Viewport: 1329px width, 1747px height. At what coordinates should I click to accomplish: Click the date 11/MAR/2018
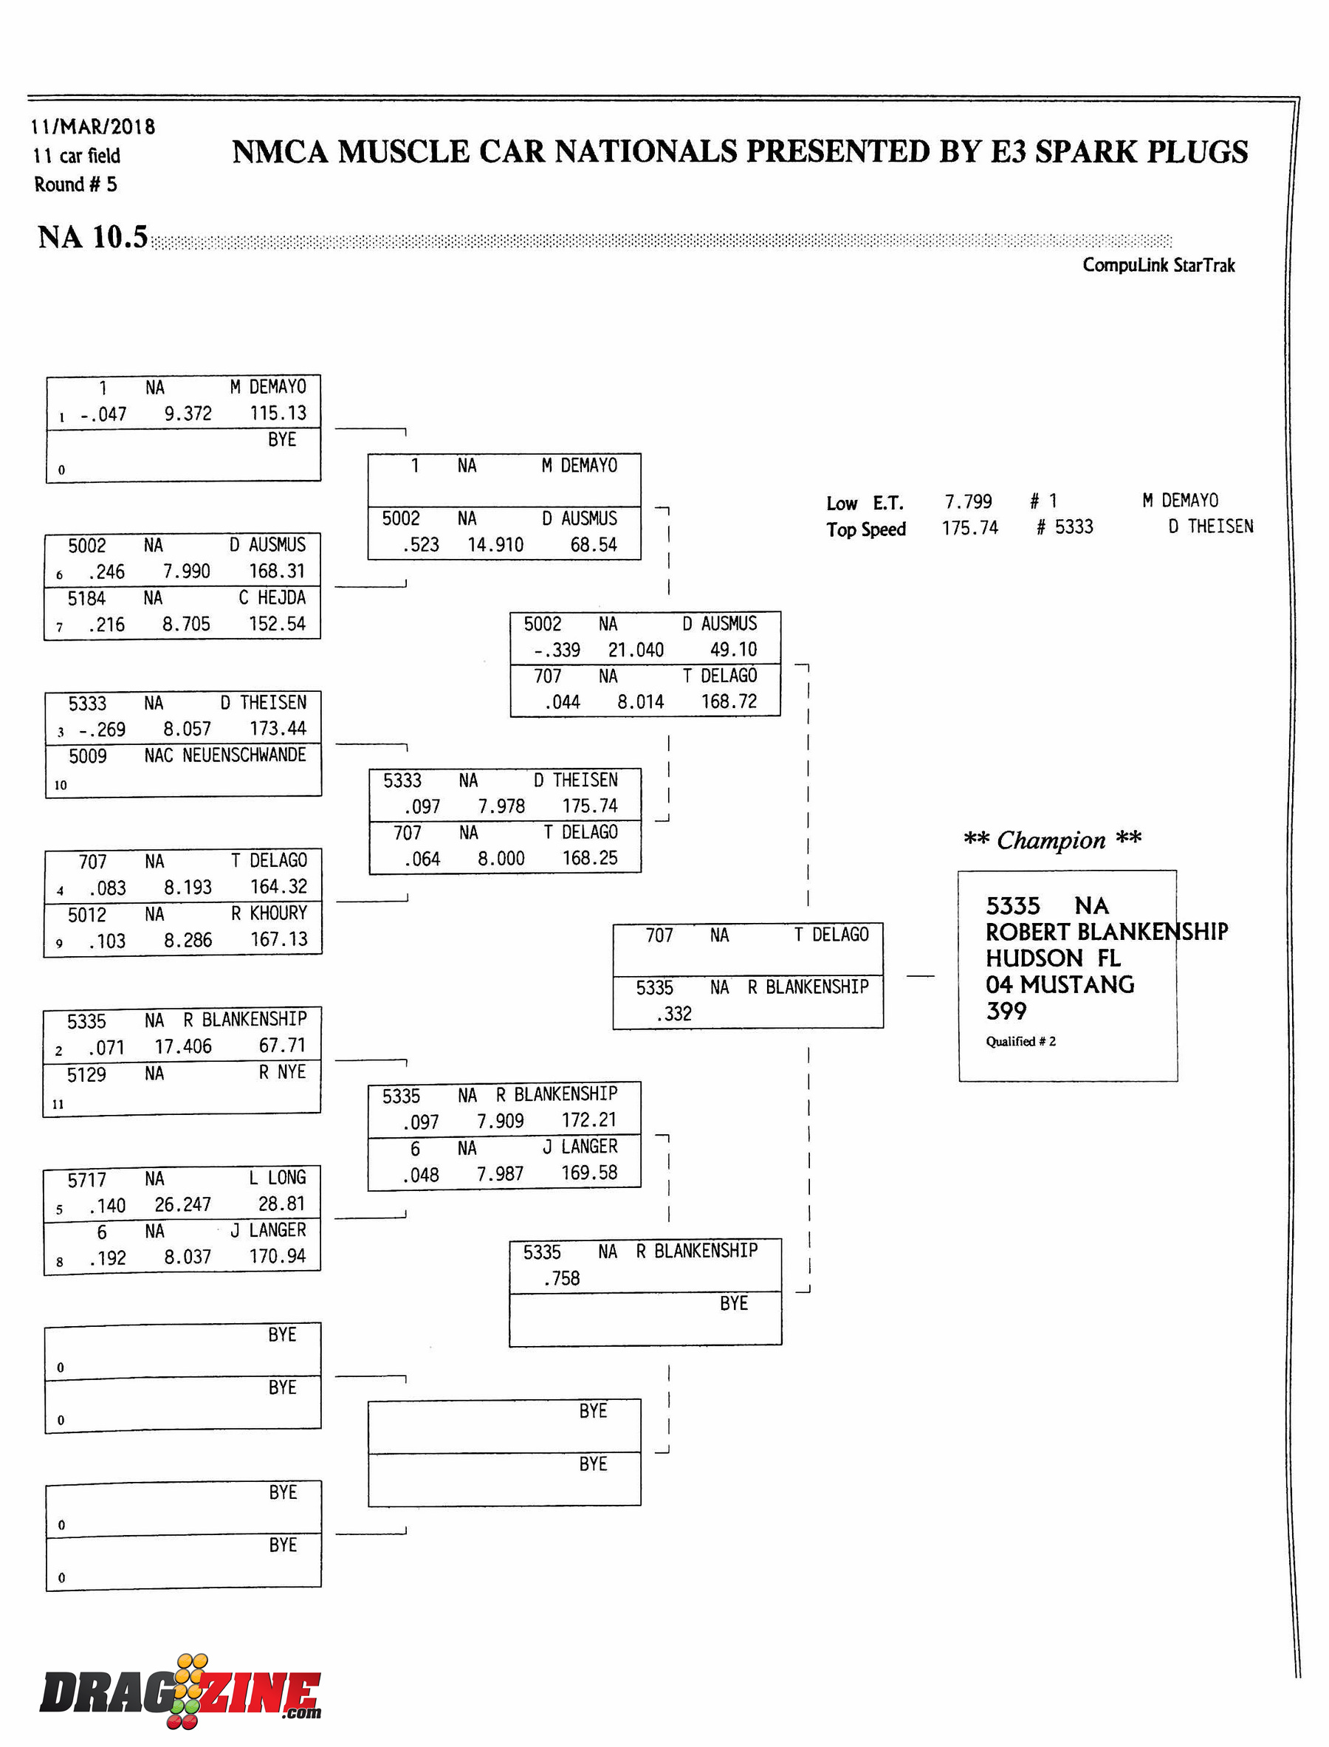pyautogui.click(x=92, y=126)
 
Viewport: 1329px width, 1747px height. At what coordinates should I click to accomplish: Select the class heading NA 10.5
pyautogui.click(x=92, y=236)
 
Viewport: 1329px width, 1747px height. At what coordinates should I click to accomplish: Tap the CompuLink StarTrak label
pyautogui.click(x=1158, y=265)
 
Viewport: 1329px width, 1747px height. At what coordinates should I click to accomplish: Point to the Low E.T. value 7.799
pyautogui.click(x=967, y=501)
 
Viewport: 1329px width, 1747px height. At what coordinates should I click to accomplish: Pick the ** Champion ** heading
pyautogui.click(x=1052, y=840)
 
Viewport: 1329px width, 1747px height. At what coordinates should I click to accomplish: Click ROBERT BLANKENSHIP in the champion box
pyautogui.click(x=1106, y=931)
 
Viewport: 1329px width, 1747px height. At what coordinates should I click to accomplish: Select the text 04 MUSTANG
pyautogui.click(x=1060, y=984)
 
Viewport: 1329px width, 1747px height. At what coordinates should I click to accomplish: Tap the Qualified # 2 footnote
pyautogui.click(x=1020, y=1041)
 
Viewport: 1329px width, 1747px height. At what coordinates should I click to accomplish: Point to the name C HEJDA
pyautogui.click(x=272, y=597)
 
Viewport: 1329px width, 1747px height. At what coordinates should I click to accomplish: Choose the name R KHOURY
pyautogui.click(x=269, y=913)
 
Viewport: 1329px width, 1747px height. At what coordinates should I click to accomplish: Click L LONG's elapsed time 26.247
pyautogui.click(x=183, y=1204)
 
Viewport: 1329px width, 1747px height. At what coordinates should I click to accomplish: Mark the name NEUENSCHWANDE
pyautogui.click(x=244, y=755)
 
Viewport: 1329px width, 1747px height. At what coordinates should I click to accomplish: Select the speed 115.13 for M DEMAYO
pyautogui.click(x=278, y=413)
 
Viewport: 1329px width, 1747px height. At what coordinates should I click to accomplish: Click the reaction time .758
pyautogui.click(x=561, y=1278)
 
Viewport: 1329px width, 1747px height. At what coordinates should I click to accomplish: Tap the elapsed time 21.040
pyautogui.click(x=635, y=650)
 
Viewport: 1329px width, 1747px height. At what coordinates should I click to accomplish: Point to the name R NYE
pyautogui.click(x=281, y=1071)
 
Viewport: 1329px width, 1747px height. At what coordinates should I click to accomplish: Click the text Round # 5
pyautogui.click(x=75, y=185)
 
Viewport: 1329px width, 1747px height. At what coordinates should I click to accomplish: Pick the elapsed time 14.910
pyautogui.click(x=495, y=544)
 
